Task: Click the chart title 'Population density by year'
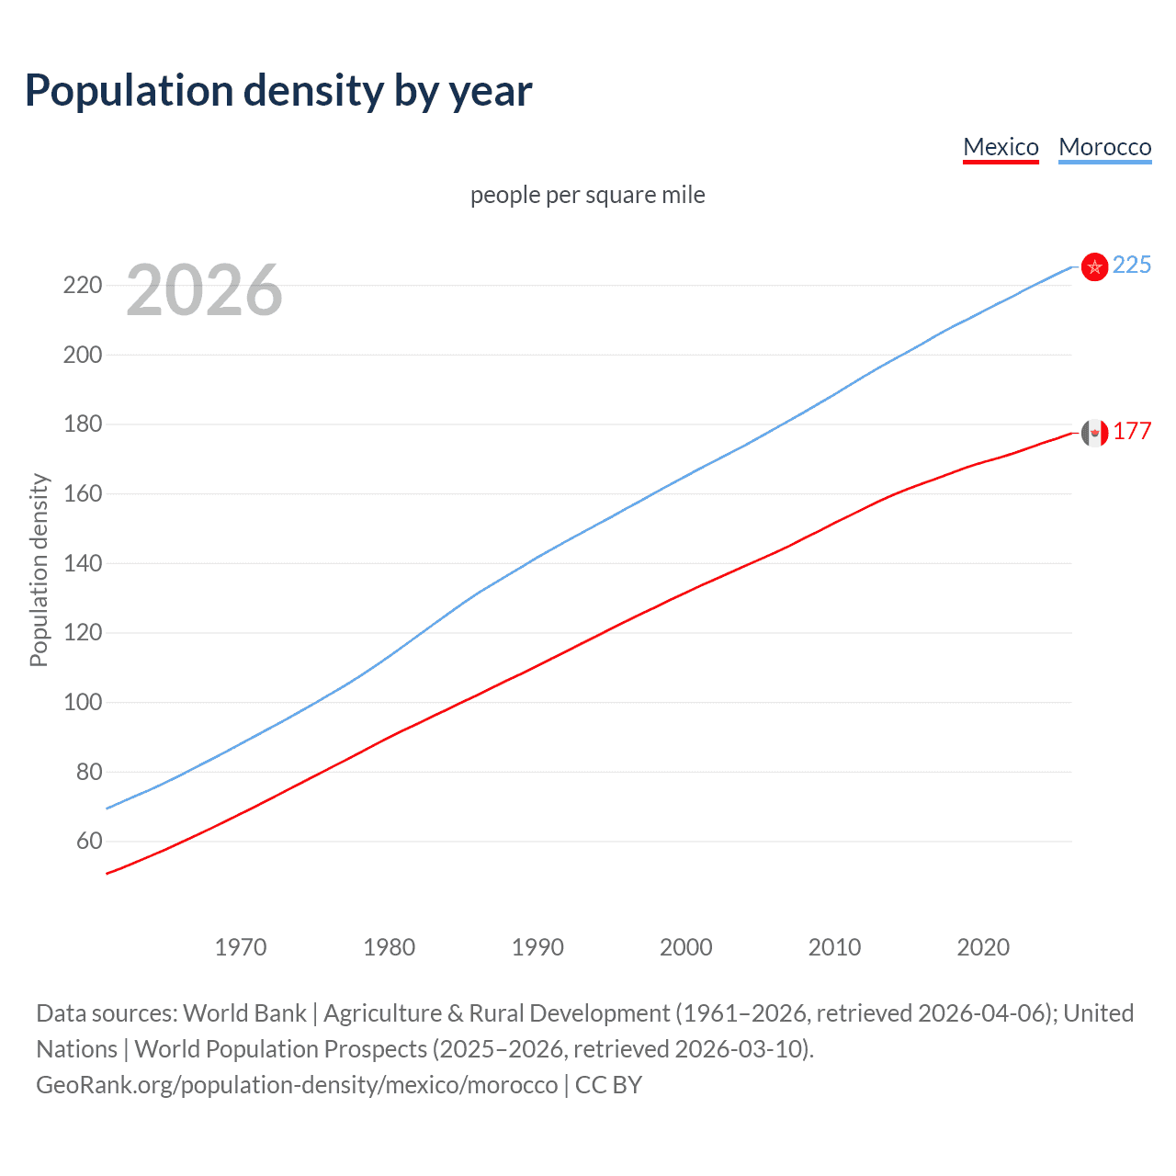pos(278,90)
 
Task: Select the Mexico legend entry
pos(1001,147)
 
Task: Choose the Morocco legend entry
pos(1104,147)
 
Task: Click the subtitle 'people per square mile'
pos(587,195)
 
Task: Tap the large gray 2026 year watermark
pos(204,290)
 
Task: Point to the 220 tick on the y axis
pos(82,285)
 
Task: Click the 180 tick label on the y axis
pos(82,424)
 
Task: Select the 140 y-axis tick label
pos(82,563)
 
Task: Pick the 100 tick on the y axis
pos(82,702)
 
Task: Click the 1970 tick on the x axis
pos(241,947)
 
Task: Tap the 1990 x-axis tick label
pos(537,947)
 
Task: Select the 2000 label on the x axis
pos(686,947)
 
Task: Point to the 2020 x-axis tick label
pos(983,947)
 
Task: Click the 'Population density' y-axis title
pos(39,570)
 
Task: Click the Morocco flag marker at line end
pos(1094,266)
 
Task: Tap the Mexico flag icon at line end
pos(1094,432)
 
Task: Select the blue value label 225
pos(1132,265)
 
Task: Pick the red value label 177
pos(1132,431)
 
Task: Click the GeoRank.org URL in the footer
pos(297,1085)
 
